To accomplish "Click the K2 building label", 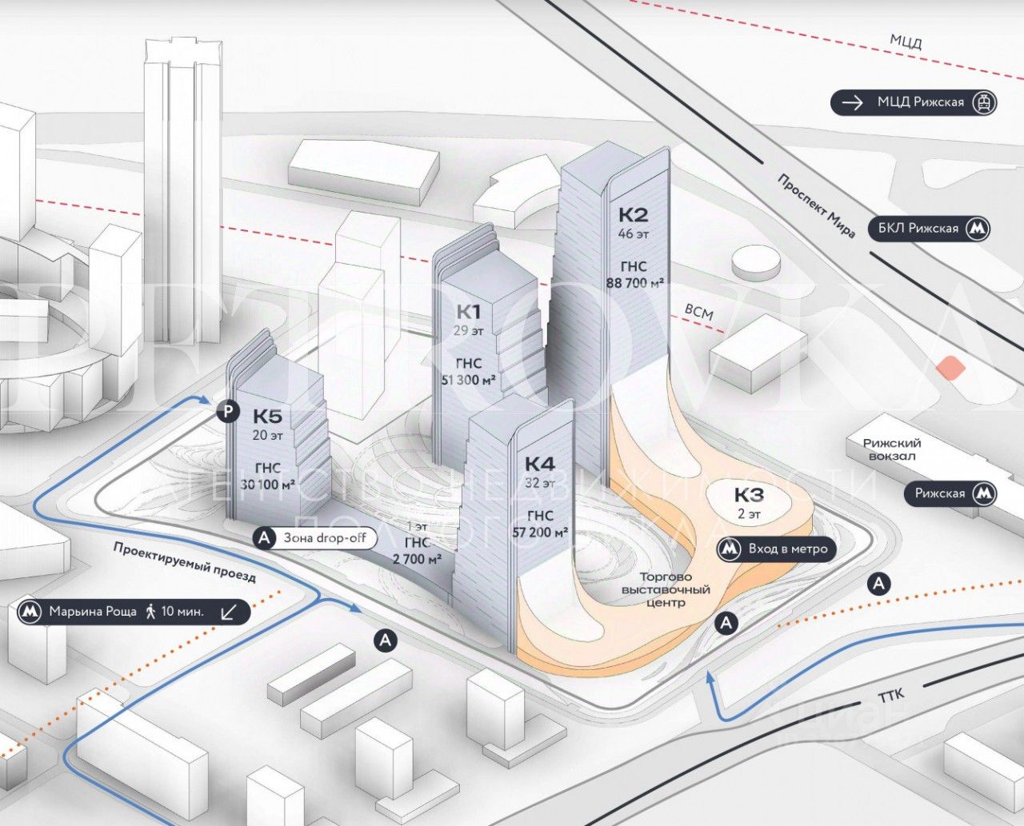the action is pos(633,214).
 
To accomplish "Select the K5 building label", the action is pos(268,416).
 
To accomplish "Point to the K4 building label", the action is pos(539,464).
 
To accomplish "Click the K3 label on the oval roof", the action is pos(749,494).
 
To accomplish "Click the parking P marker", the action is pos(228,412).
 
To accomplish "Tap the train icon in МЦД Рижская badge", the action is pos(983,102).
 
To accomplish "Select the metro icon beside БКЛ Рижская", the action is pos(977,229).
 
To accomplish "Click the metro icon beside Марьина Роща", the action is pos(30,612).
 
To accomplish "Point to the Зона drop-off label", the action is pos(325,538).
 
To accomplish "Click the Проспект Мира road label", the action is pos(816,206).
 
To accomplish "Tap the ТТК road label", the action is pos(890,696).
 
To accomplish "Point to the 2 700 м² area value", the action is pos(418,559).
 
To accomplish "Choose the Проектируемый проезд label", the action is pos(184,561).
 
